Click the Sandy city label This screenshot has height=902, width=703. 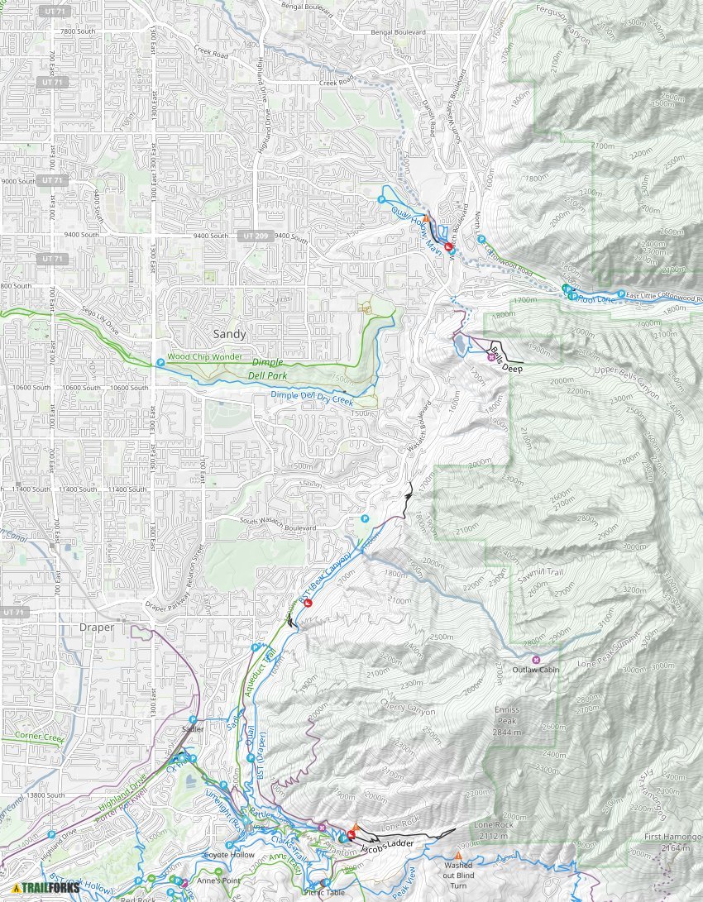229,334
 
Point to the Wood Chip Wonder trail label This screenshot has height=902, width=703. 205,357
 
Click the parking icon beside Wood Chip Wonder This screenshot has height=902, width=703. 161,361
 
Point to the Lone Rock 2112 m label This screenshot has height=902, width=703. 493,829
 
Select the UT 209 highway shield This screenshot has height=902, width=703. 256,236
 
